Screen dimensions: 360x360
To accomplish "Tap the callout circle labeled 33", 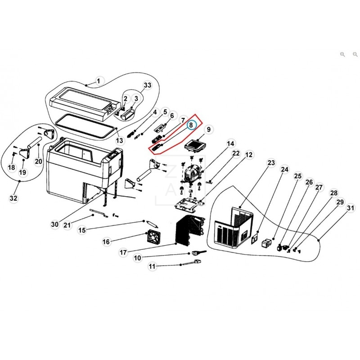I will pos(148,85).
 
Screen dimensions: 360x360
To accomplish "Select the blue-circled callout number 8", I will pos(192,125).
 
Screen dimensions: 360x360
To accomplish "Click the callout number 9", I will pos(208,130).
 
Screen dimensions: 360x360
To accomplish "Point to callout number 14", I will pos(230,144).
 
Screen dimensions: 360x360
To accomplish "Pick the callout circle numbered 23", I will pos(270,162).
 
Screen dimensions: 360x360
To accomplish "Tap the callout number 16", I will pos(106,242).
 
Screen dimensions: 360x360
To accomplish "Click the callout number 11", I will pos(152,267).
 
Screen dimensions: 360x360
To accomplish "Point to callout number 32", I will pos(14,198).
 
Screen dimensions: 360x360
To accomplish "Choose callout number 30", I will pos(55,224).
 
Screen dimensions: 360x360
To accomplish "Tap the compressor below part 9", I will pos(192,173).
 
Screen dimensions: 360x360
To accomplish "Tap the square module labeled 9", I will pos(195,146).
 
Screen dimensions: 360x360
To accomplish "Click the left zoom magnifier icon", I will pos(342,54).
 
